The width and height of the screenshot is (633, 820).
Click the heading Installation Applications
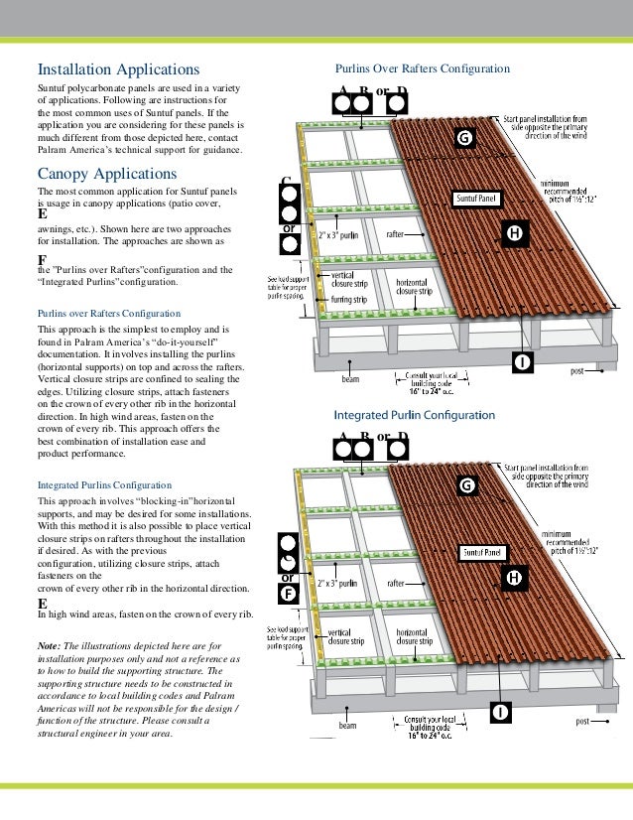click(x=118, y=70)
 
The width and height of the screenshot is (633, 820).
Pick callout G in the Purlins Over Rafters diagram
click(x=462, y=138)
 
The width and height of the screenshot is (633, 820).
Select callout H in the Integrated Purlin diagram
click(x=514, y=578)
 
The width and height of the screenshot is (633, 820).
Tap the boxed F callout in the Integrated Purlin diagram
click(x=288, y=594)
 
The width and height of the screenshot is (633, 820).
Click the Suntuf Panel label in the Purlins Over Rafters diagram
click(x=475, y=199)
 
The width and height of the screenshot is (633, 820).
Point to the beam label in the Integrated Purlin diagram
click(x=347, y=726)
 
